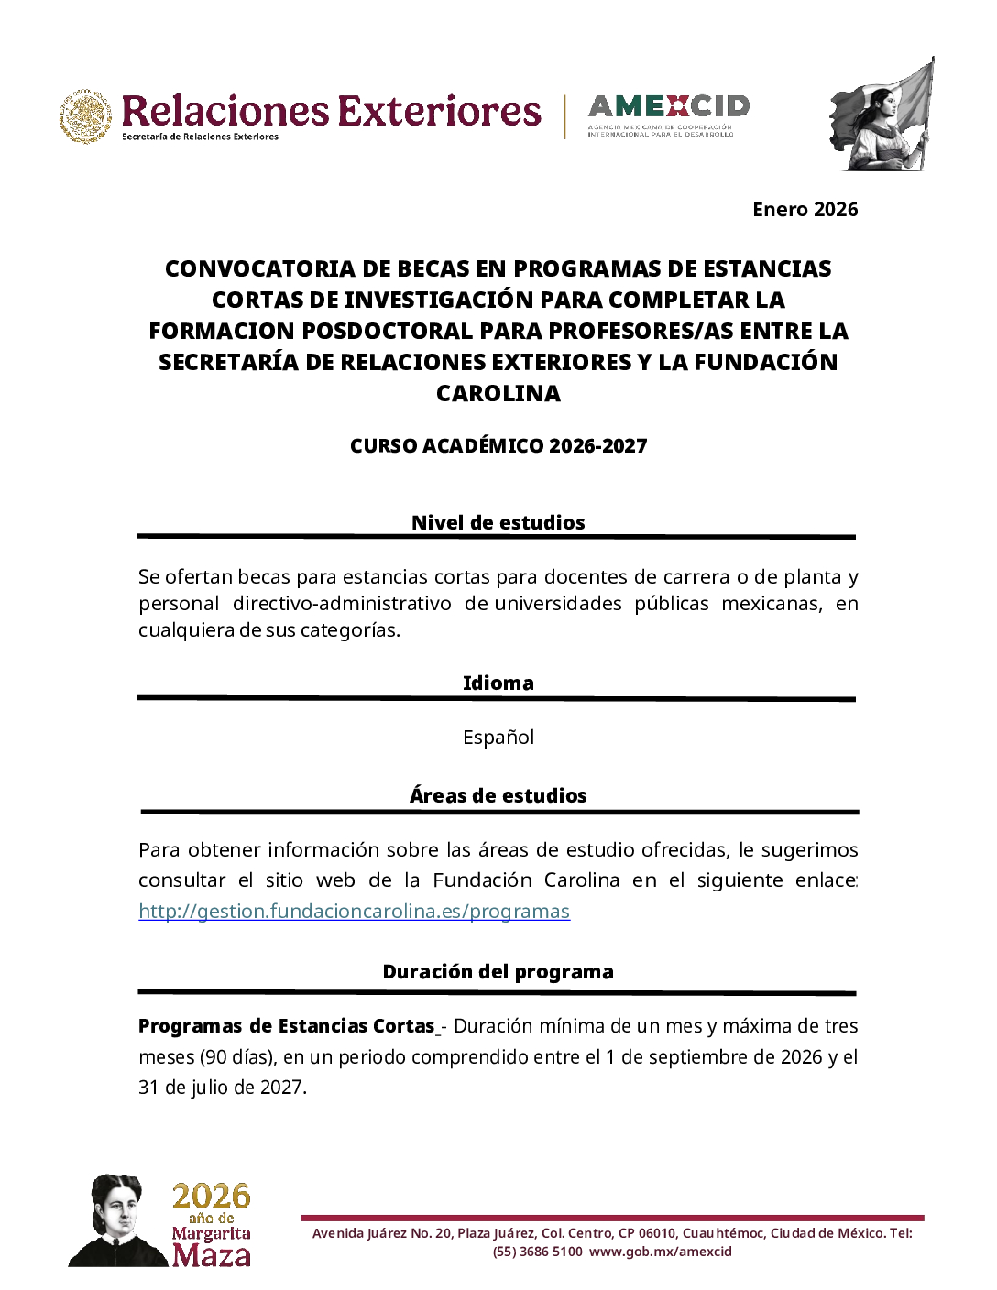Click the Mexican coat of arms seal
pos(86,116)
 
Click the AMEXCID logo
pos(668,115)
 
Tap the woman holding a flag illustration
pos(882,115)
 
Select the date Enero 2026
pos(805,210)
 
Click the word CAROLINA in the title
pos(498,394)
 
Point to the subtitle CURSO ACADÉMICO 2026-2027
pos(498,446)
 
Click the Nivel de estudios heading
pos(498,523)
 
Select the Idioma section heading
pos(498,683)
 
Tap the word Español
pos(498,738)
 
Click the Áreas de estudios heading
pos(498,796)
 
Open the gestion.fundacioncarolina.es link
pos(354,912)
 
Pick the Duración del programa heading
pos(498,972)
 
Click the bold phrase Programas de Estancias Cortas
pos(286,1026)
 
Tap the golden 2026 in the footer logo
pos(211,1197)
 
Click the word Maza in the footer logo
pos(211,1254)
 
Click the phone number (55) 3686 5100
pos(537,1252)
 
